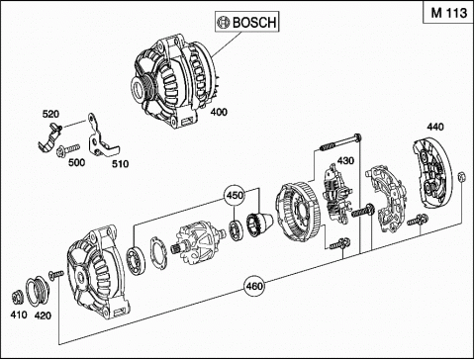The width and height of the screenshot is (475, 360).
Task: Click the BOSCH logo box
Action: (246, 22)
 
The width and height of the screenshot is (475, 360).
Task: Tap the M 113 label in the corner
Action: (449, 13)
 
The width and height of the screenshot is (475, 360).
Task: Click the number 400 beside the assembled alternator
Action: (219, 112)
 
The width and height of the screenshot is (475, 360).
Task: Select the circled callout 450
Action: (235, 195)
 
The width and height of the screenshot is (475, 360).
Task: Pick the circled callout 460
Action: (254, 286)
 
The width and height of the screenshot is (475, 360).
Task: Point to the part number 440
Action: (435, 127)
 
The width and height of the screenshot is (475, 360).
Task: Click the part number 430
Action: (345, 160)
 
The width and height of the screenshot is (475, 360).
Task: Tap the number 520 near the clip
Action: (50, 114)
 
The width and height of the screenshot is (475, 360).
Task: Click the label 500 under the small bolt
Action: (76, 162)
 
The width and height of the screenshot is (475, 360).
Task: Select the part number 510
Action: (120, 164)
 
